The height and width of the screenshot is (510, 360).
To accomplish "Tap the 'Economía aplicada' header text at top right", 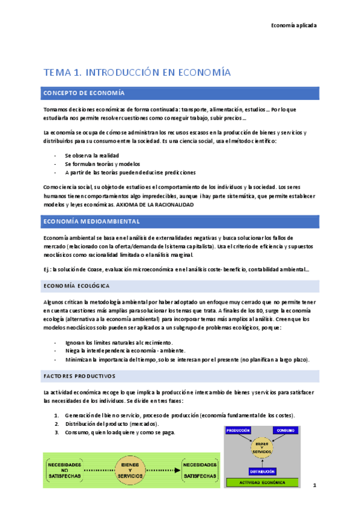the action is coord(294,25).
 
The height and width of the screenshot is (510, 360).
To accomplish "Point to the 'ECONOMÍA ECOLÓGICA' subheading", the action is coord(76,285).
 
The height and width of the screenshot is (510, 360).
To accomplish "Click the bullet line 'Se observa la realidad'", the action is coord(92,155).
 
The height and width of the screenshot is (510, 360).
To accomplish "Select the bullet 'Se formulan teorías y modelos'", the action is coord(102,164).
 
